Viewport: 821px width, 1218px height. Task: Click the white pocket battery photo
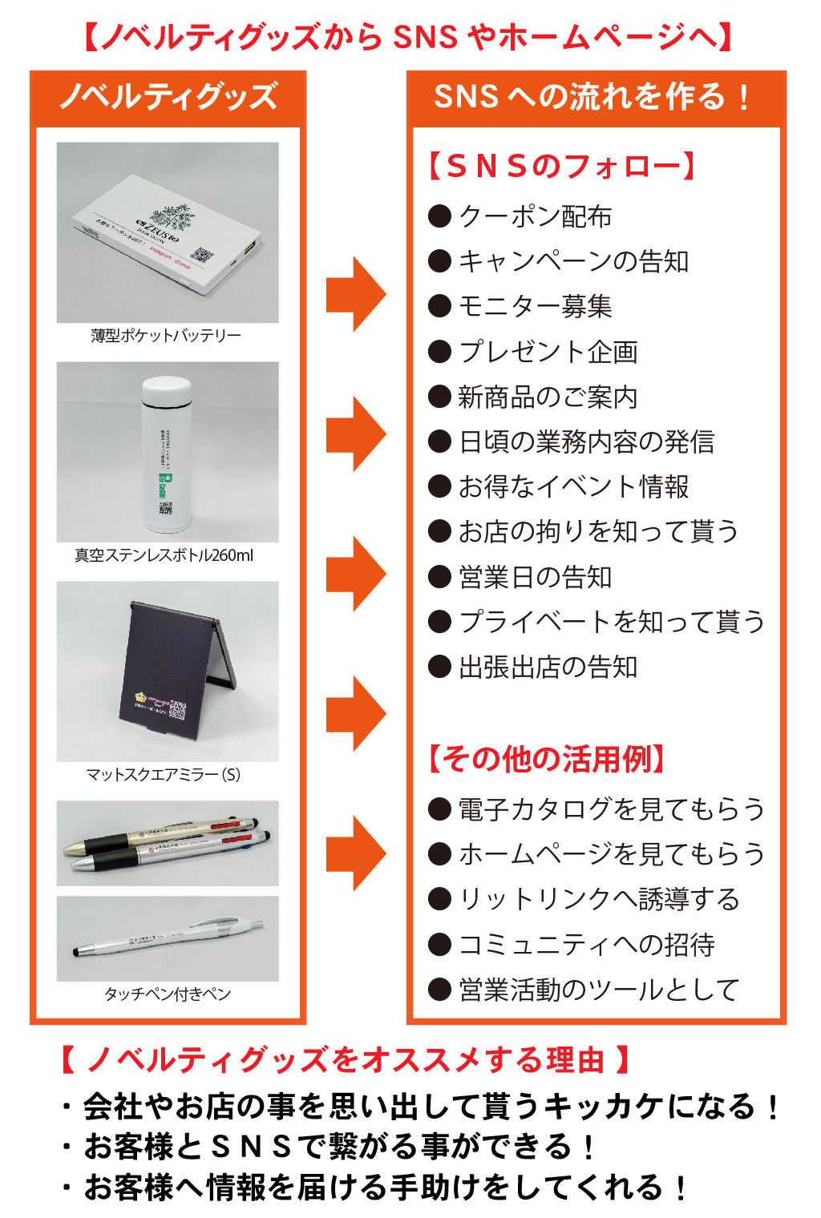(x=168, y=232)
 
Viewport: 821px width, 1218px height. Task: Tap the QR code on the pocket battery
(x=201, y=256)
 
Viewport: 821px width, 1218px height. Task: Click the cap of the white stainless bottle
(x=166, y=393)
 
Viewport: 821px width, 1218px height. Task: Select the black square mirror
(x=170, y=673)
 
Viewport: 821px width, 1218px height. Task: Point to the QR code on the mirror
(x=176, y=710)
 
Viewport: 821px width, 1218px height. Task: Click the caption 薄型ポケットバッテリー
(x=166, y=336)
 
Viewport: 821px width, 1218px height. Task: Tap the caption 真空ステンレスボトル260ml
(x=164, y=555)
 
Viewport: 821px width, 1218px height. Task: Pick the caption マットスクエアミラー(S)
(x=164, y=775)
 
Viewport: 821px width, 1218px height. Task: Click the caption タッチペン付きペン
(x=168, y=994)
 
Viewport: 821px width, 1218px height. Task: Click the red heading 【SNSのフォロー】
(x=561, y=167)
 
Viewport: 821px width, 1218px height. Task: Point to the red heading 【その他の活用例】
(x=547, y=759)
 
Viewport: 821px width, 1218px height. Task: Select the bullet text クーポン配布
(x=535, y=216)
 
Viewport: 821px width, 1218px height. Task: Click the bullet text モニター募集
(x=535, y=306)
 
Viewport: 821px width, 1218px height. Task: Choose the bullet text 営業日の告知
(x=535, y=577)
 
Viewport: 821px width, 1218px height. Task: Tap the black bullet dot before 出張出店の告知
(x=439, y=667)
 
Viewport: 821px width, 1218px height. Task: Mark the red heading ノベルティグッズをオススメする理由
(x=345, y=1060)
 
